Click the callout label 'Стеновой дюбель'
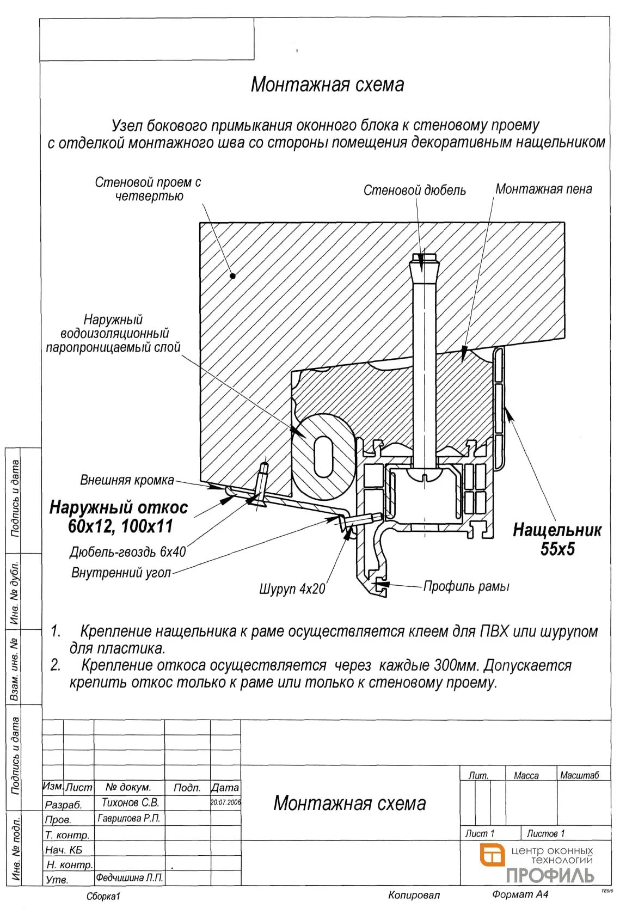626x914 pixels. [414, 190]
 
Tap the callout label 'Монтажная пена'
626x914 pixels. [543, 189]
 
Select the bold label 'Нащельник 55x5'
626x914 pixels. [557, 539]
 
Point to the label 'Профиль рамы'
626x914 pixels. [467, 586]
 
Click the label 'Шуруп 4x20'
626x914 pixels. [292, 588]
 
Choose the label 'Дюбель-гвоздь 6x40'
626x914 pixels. [128, 552]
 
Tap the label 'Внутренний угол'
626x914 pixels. [121, 573]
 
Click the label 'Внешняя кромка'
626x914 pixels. [127, 480]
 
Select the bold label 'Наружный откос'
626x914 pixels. [119, 508]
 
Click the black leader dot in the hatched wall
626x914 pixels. [232, 275]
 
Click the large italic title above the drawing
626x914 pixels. [327, 85]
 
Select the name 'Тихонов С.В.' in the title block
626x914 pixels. [130, 802]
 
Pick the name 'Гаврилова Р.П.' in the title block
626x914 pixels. [129, 818]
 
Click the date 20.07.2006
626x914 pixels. [225, 802]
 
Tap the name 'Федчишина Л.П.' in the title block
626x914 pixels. [130, 878]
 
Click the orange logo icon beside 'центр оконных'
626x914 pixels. [492, 854]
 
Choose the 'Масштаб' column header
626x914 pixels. [579, 775]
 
